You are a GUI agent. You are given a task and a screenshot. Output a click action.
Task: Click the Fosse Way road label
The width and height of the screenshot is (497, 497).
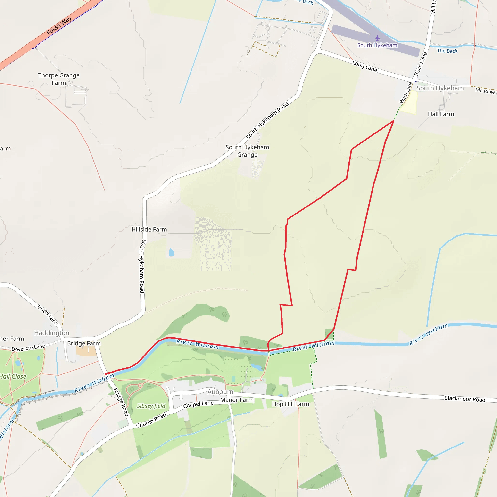pos(59,26)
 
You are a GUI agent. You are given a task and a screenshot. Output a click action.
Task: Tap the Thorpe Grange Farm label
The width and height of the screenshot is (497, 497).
pos(59,79)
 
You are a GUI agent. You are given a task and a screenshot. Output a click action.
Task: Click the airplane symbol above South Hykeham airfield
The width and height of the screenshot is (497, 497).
pos(377,38)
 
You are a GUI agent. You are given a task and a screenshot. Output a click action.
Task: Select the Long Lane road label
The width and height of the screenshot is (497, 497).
pos(364,66)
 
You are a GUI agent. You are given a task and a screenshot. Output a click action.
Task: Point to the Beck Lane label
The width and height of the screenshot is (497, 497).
pos(421,64)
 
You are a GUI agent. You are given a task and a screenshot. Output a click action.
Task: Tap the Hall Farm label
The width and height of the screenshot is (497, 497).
pos(441,114)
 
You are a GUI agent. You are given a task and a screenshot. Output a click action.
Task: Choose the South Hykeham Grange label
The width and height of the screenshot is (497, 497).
pos(247,151)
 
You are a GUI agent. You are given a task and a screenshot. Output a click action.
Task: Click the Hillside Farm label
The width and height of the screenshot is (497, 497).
pos(149,229)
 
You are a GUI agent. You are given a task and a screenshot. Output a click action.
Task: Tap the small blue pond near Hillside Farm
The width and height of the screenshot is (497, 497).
pos(171,252)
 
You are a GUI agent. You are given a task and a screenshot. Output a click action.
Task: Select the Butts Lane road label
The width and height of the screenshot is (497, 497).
pos(48,315)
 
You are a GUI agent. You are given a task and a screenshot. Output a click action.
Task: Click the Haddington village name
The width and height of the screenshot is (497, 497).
pos(52,333)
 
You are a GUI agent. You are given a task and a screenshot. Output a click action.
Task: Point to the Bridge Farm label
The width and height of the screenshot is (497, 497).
pos(84,343)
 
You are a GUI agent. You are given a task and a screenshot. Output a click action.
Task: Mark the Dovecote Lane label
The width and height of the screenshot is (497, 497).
pos(28,348)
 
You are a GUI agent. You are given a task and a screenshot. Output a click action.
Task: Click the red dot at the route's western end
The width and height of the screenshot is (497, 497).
pos(106,374)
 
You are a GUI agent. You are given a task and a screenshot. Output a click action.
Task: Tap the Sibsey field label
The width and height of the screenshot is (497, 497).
pos(151,406)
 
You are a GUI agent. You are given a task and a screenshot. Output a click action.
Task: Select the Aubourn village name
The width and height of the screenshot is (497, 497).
pos(220,392)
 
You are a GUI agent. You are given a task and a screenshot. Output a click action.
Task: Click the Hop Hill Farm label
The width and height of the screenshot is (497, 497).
pos(290,404)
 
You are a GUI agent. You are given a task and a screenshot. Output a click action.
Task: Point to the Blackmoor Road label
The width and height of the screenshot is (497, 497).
pos(464,399)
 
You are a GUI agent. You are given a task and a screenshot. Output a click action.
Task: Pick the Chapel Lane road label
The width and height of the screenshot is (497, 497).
pos(198,404)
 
